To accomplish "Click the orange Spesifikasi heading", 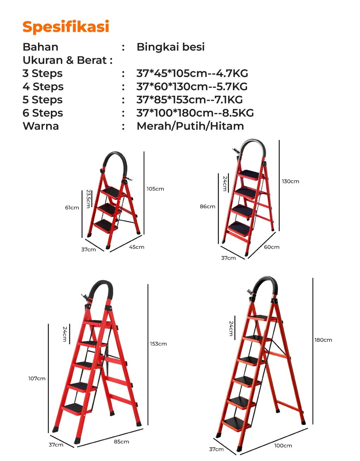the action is [66, 27].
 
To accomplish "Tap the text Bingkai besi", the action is [171, 47].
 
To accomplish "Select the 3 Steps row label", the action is [43, 74].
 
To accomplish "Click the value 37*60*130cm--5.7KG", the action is [192, 86].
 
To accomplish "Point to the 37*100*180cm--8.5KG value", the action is [195, 113].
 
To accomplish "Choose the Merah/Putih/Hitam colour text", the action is [190, 126].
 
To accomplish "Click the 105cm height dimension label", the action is [155, 189].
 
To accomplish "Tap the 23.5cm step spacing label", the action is [89, 199].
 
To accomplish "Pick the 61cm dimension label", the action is [72, 207].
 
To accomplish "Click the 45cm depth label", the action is [136, 247].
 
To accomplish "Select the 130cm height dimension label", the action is [290, 181].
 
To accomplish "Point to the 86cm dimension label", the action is [207, 206].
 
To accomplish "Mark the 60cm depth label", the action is [272, 247].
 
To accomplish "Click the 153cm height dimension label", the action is [158, 344].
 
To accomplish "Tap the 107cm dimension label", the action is [37, 378].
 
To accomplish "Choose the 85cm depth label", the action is [121, 442].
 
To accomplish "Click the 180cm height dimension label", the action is [323, 340].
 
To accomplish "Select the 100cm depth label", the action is [283, 446].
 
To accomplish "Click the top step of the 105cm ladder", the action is [113, 193].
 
